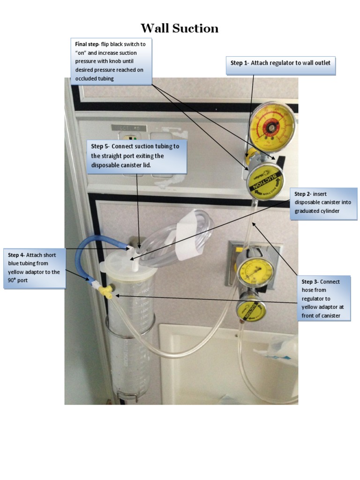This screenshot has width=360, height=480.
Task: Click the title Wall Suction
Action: [180, 29]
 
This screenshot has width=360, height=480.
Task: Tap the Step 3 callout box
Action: [325, 299]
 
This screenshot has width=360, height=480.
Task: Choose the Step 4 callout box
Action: [34, 268]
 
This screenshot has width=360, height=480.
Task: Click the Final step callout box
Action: [111, 61]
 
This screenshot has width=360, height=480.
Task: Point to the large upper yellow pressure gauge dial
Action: [272, 125]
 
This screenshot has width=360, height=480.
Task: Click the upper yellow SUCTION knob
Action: [265, 182]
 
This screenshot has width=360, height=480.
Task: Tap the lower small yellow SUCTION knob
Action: [251, 309]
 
